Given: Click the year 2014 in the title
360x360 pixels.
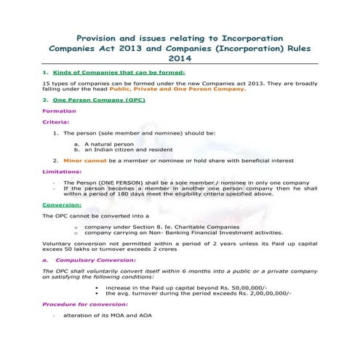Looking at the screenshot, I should point(180,58).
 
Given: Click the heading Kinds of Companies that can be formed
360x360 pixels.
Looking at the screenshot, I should point(119,73).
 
